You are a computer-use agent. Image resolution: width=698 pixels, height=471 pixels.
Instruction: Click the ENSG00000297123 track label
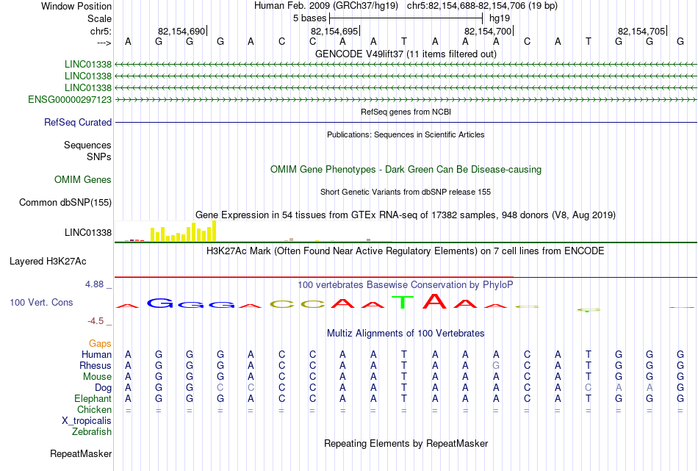[70, 100]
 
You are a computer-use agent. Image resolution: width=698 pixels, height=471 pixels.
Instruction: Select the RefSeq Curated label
[78, 123]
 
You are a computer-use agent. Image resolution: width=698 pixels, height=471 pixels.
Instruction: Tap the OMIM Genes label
[83, 180]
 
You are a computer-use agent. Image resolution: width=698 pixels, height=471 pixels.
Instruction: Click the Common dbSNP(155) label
[65, 203]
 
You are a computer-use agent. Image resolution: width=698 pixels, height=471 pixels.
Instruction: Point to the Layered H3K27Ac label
[48, 262]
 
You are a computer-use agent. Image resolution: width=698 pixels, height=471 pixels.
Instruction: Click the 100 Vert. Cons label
[41, 303]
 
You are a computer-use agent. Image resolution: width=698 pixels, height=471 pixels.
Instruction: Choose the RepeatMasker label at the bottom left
[81, 454]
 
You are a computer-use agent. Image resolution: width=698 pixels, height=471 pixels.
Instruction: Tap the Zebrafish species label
[92, 432]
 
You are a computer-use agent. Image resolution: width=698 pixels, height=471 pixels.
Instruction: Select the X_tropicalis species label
[87, 421]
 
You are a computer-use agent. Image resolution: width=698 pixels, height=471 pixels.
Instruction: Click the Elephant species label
[93, 399]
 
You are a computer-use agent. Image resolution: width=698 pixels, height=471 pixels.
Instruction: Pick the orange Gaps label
[100, 344]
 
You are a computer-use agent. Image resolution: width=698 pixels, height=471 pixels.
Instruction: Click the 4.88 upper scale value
[95, 284]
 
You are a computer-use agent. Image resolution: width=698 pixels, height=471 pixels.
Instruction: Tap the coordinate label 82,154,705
[641, 31]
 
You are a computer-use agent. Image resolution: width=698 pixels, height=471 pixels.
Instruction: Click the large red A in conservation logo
[434, 301]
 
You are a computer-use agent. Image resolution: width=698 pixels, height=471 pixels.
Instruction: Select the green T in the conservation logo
[403, 302]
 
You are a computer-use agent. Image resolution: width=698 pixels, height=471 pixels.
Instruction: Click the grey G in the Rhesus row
[496, 365]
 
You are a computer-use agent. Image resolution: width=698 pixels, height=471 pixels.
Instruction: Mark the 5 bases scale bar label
[310, 18]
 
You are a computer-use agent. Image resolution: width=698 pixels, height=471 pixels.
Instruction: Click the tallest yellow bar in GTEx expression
[214, 231]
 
